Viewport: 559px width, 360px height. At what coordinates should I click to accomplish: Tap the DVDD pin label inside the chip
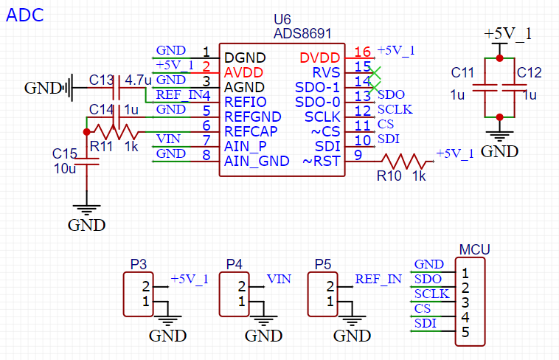pos(320,58)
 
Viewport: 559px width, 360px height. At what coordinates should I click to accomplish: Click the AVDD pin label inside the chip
pos(243,72)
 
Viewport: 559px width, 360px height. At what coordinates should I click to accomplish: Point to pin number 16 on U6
pos(361,52)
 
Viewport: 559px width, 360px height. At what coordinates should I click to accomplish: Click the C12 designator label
pos(529,72)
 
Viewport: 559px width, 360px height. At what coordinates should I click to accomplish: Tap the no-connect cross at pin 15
pos(376,72)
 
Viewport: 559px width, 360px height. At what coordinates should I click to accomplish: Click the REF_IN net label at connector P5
pos(378,279)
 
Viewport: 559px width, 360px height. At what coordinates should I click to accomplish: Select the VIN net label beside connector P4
pos(279,279)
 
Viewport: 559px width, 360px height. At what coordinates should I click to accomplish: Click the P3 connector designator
pos(139,264)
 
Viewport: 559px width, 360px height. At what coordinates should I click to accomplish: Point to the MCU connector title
pos(474,250)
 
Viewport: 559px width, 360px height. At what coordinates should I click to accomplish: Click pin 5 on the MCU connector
pos(465,333)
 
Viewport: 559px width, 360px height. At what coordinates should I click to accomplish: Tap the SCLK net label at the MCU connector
pos(431,294)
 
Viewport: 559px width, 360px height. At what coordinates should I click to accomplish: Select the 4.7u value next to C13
pos(139,79)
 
